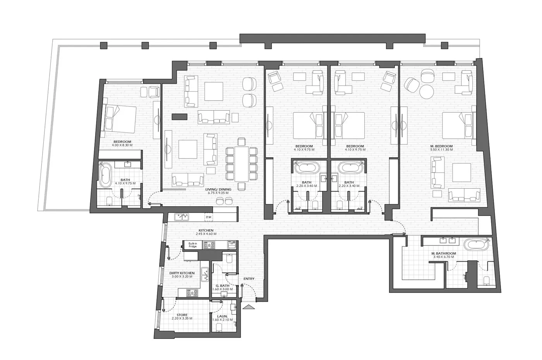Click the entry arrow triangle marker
(x=249, y=307)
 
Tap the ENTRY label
(x=249, y=279)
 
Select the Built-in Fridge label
(x=193, y=245)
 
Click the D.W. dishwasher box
(x=208, y=217)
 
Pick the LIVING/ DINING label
(x=218, y=189)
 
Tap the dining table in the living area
(x=242, y=164)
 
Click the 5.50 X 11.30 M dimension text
(x=442, y=150)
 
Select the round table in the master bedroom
(x=427, y=91)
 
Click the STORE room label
(x=182, y=315)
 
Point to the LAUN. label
(x=222, y=317)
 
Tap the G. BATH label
(x=222, y=286)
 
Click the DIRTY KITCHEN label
(x=182, y=273)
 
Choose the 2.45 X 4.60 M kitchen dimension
(x=206, y=234)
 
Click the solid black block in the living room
(x=180, y=117)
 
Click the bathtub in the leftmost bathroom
(x=105, y=175)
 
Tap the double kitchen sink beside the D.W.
(x=182, y=217)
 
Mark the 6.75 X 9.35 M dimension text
(x=218, y=193)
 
